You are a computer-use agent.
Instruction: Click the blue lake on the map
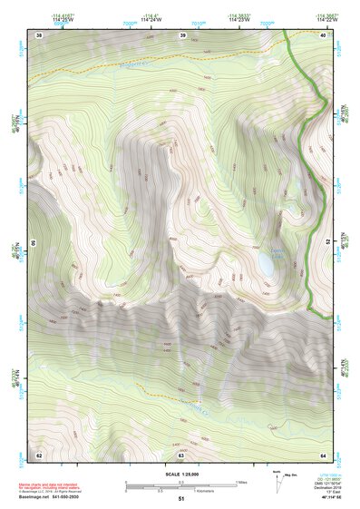coord(265,264)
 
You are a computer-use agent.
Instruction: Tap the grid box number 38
coord(38,34)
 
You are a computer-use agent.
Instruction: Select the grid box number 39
coord(182,34)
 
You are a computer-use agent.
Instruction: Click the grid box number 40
coord(323,34)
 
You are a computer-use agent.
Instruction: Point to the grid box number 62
coord(38,454)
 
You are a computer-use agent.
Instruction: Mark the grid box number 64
coord(323,454)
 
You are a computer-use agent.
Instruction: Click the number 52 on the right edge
coord(327,242)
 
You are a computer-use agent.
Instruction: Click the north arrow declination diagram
coord(277,482)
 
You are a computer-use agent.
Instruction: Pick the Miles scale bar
coord(180,482)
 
